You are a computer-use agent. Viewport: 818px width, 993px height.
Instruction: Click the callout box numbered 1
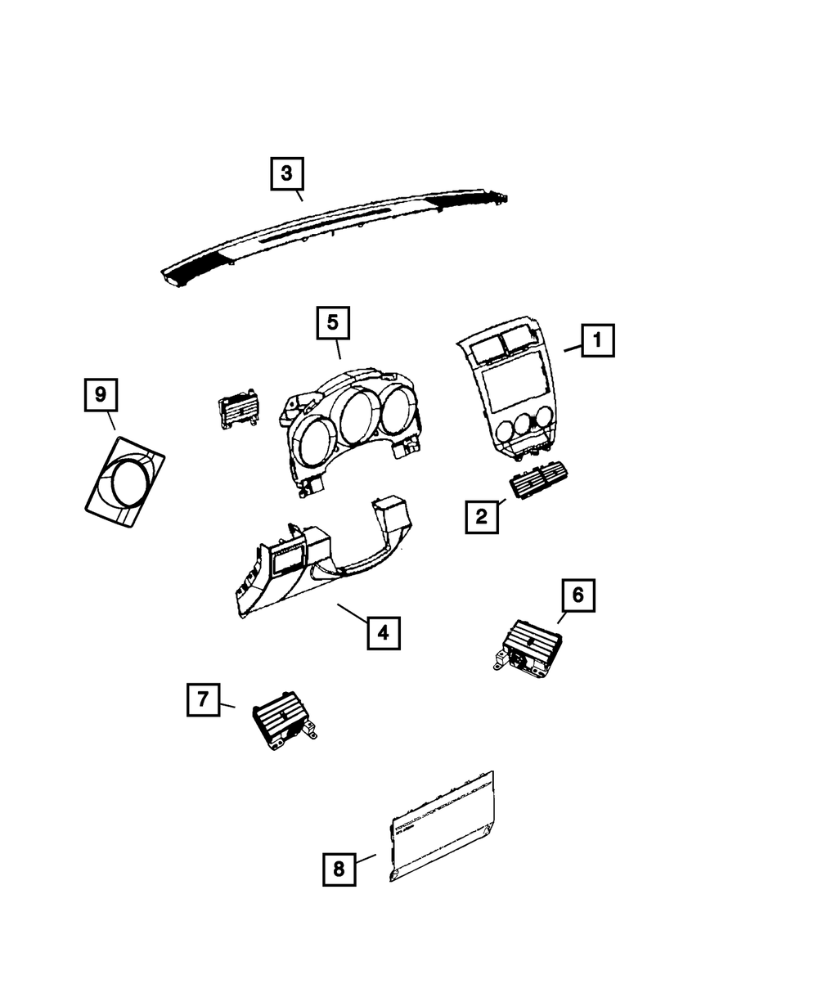(597, 339)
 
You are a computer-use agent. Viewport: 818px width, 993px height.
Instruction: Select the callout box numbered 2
(482, 516)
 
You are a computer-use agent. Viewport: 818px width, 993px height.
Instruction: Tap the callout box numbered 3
(287, 173)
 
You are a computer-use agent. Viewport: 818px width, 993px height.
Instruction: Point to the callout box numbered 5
(333, 323)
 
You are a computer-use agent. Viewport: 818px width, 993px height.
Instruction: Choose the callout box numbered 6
(578, 595)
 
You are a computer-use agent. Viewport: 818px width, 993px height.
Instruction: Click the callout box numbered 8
(339, 869)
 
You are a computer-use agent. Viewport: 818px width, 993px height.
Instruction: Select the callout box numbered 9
(101, 395)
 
